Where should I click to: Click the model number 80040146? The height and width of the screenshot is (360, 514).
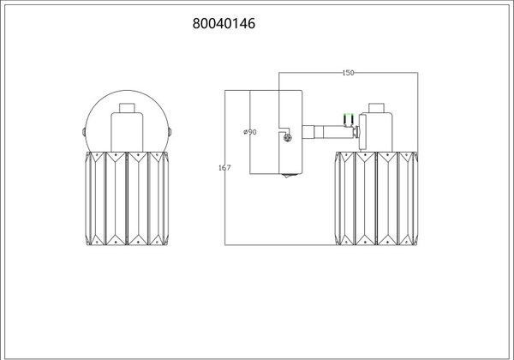point(224,24)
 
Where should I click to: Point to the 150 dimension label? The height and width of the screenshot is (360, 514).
point(348,73)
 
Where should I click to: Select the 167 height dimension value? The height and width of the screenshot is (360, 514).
point(224,167)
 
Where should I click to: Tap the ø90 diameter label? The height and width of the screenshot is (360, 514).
point(250,132)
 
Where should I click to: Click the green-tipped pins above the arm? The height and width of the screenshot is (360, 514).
point(348,119)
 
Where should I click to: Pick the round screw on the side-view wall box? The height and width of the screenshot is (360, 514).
point(288,138)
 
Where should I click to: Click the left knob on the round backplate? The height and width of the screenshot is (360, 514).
point(84,132)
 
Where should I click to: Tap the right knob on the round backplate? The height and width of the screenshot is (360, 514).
point(170,132)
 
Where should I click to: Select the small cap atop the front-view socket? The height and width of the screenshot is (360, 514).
point(127,108)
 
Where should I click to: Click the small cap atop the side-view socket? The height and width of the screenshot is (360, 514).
point(376,108)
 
